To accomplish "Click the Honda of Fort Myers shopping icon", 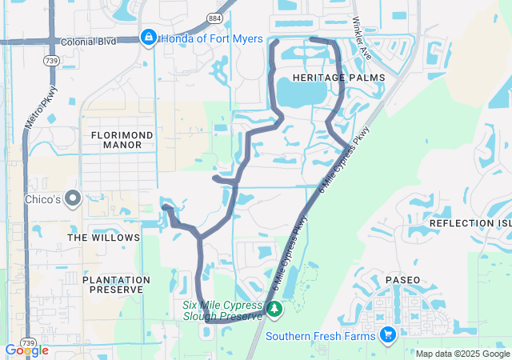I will click(148, 37).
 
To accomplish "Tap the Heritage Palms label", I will click(338, 77).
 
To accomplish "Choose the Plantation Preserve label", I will click(117, 286).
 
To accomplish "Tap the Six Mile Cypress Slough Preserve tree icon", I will click(274, 308).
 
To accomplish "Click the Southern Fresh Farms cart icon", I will click(388, 334).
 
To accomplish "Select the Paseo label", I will click(402, 281).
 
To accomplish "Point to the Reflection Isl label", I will click(470, 222).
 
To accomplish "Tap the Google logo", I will click(26, 350).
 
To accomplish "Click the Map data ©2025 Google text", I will click(462, 354).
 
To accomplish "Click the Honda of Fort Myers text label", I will click(211, 37).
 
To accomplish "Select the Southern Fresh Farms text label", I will click(320, 335).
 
